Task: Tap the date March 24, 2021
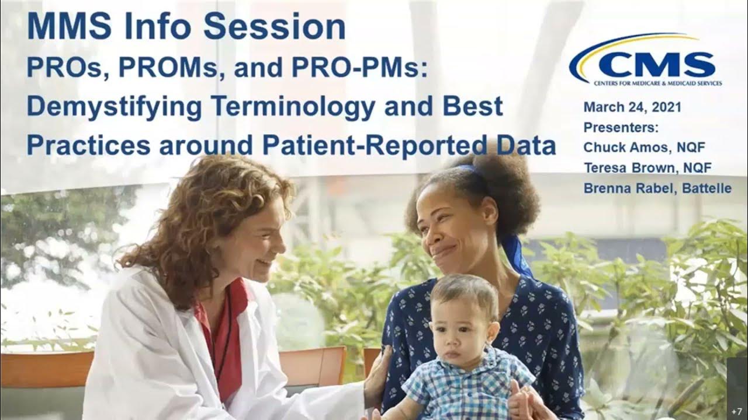(x=632, y=108)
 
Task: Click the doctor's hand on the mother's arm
(x=378, y=367)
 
